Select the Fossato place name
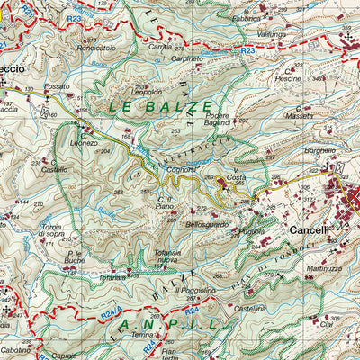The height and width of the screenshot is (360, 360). [x=57, y=86]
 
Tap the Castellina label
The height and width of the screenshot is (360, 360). [x=249, y=308]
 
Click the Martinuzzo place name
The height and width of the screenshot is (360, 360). [x=324, y=268]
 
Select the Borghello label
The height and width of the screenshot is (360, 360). [x=319, y=150]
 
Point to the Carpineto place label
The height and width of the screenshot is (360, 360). [x=186, y=57]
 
